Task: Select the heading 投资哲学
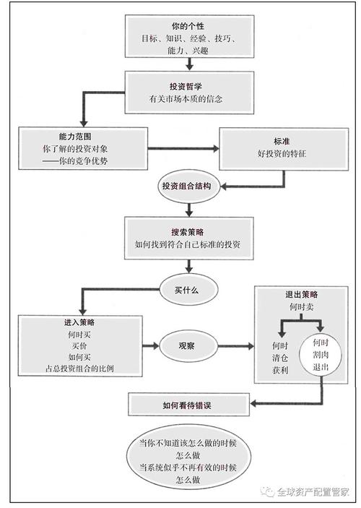(x=188, y=85)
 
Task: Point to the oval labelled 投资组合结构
(x=186, y=186)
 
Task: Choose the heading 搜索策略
(x=188, y=231)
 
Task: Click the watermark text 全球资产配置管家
(x=316, y=493)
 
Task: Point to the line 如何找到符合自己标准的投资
(x=188, y=246)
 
